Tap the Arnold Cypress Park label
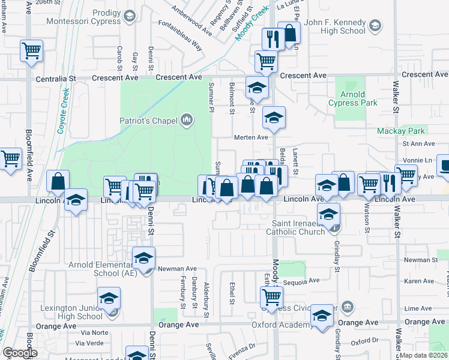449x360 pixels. pos(353,98)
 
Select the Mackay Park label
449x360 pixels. pos(400,131)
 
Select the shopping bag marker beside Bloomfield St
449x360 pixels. pos(58,181)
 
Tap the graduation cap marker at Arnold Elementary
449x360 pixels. pos(144,258)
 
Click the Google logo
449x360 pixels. pos(19,353)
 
